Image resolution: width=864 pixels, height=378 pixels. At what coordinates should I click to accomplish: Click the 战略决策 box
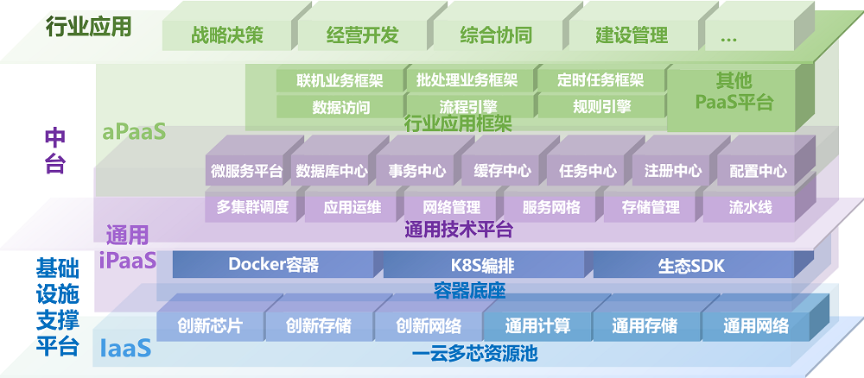227,36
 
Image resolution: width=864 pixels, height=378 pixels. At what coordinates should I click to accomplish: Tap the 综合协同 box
496,36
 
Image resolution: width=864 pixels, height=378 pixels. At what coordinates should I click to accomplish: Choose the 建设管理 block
632,36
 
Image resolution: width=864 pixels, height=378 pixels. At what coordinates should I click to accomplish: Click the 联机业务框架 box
340,81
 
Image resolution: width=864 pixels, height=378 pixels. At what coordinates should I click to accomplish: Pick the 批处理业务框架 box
467,81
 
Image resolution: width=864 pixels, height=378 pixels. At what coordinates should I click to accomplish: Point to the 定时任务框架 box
600,81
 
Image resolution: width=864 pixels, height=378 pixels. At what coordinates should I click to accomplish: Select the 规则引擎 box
600,107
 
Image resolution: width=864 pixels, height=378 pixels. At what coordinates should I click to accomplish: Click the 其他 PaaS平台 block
734,92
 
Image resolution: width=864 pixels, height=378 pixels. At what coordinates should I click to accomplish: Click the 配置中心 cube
758,171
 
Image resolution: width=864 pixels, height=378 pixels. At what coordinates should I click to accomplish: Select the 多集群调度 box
253,208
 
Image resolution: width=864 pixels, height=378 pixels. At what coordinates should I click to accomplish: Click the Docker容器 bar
273,265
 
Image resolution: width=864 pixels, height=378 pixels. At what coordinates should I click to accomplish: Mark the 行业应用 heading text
88,27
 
